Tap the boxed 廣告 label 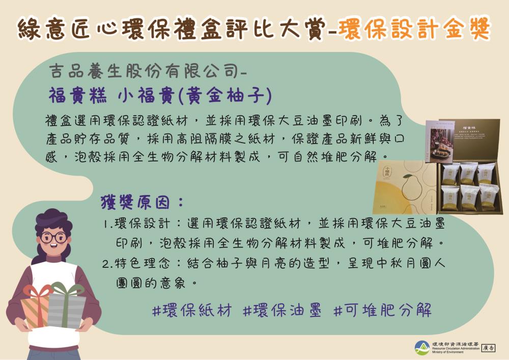click(x=488, y=348)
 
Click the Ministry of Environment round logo click(x=421, y=348)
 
